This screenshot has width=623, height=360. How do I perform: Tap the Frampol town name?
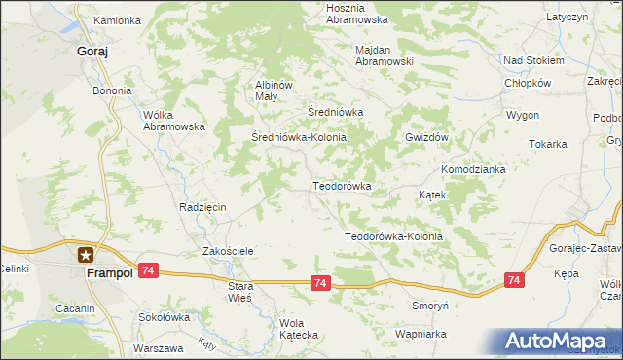(108, 274)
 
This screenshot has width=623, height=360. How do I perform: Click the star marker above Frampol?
(86, 256)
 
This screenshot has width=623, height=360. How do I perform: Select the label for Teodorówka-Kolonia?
(394, 236)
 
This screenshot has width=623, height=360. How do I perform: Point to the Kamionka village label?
(118, 20)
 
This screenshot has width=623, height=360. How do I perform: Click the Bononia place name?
(112, 90)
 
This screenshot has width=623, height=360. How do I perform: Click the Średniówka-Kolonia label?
(299, 138)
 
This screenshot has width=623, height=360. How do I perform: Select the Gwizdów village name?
(426, 138)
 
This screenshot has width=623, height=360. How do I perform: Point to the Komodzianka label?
(473, 169)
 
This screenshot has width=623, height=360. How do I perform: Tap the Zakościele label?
(228, 251)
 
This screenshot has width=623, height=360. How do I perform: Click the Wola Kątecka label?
(299, 329)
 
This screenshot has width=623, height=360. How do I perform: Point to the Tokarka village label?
(548, 144)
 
